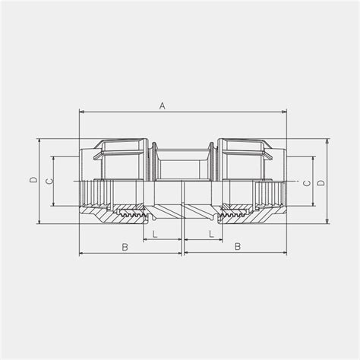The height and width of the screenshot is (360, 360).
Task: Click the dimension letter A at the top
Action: pos(162,106)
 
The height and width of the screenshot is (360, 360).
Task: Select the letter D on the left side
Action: pos(33,181)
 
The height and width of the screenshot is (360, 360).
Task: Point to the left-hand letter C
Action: pos(48,181)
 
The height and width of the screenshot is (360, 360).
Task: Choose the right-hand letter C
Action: pos(306,183)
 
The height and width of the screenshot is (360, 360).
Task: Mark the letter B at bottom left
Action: pos(125,247)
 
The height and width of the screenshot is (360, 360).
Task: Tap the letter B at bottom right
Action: pos(237,247)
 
